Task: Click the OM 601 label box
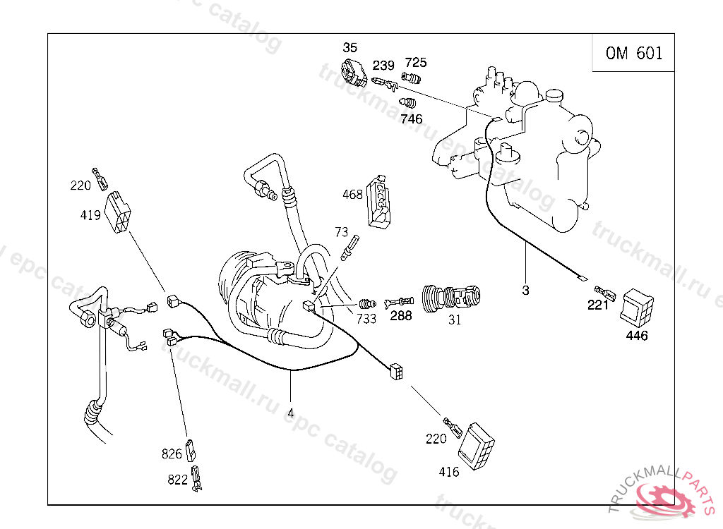click(x=634, y=53)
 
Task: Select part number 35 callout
click(x=350, y=48)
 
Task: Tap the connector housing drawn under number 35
click(x=352, y=72)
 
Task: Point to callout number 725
click(x=415, y=63)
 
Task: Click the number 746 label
click(x=411, y=119)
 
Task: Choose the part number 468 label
click(x=352, y=195)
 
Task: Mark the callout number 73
click(x=342, y=231)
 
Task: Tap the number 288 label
click(x=400, y=316)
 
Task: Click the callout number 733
click(x=366, y=318)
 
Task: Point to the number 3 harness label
click(x=525, y=290)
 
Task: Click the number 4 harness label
click(x=290, y=413)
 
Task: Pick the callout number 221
click(x=597, y=305)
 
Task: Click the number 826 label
click(x=172, y=454)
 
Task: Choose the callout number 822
click(x=177, y=480)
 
